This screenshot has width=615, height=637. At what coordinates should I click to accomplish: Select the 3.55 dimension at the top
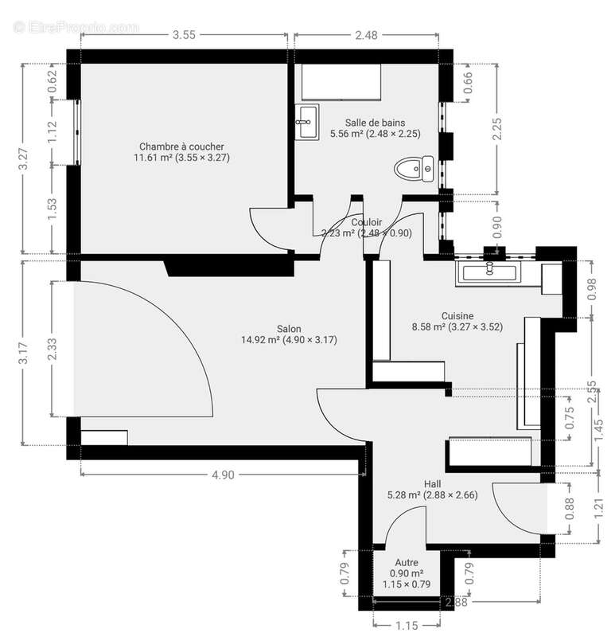click(x=184, y=34)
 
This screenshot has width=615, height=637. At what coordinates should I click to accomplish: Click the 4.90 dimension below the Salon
click(x=223, y=475)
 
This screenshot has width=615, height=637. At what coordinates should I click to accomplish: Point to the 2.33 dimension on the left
click(x=52, y=348)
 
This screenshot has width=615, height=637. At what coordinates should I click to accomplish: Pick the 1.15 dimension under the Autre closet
click(x=407, y=626)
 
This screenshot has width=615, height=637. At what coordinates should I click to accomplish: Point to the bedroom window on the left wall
click(x=77, y=131)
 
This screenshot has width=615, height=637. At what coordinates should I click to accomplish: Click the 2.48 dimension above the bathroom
click(x=367, y=34)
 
